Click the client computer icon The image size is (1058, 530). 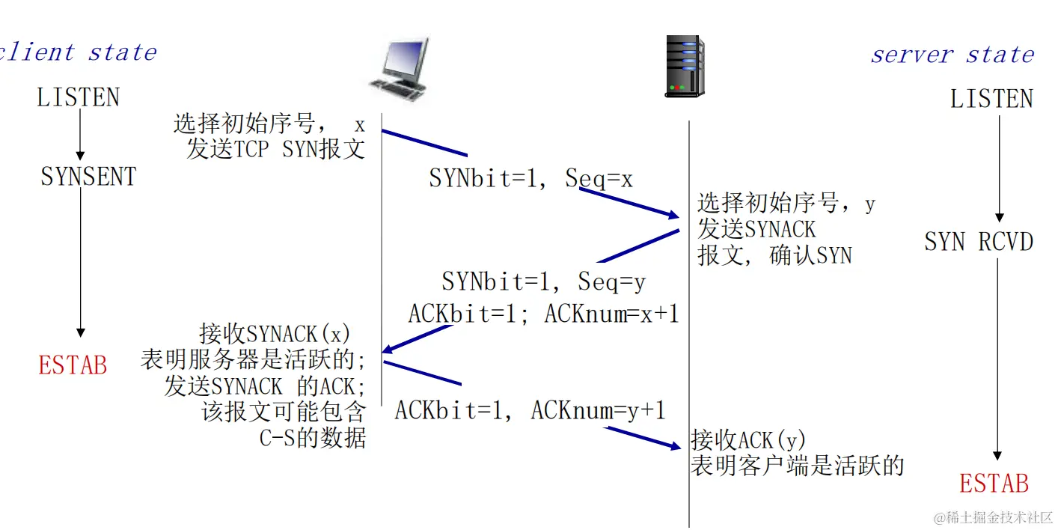(399, 70)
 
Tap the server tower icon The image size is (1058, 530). (685, 67)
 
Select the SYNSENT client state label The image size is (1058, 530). (88, 177)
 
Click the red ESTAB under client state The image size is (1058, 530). (73, 365)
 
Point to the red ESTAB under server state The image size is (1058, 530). (994, 484)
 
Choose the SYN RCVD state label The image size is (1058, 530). (978, 242)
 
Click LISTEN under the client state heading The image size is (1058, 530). (78, 98)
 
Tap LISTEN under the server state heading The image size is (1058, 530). (991, 100)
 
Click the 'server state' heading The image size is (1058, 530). (952, 55)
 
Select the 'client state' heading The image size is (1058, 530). (79, 52)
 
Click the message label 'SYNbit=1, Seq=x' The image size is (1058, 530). (530, 179)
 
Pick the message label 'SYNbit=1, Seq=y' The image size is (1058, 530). (543, 281)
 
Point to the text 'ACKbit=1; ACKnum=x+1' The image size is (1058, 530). (543, 314)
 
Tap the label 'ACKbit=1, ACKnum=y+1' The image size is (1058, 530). (530, 410)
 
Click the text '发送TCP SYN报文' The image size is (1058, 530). (275, 149)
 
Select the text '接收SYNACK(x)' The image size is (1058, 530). (275, 333)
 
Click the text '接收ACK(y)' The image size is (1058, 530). (747, 439)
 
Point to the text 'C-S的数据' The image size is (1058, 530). (313, 439)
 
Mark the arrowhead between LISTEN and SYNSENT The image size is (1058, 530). (80, 155)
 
